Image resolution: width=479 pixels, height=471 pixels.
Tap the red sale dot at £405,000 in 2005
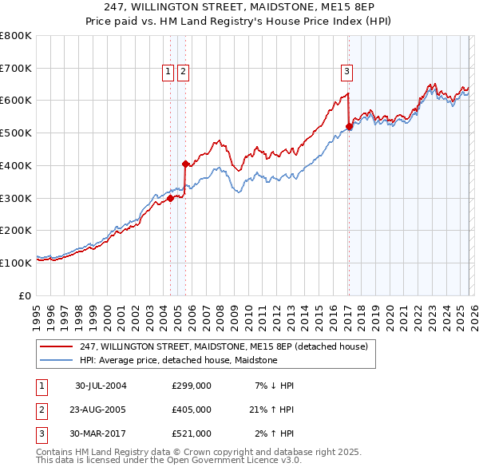(x=185, y=164)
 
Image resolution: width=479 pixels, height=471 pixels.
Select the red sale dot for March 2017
(x=349, y=126)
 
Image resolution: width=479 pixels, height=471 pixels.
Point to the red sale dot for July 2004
(x=170, y=199)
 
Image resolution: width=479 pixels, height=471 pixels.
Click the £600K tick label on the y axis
(x=16, y=101)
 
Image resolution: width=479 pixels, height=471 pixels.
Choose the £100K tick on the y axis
(x=16, y=263)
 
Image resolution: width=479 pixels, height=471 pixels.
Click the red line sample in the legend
(x=57, y=346)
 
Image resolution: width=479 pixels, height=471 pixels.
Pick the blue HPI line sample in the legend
(x=57, y=361)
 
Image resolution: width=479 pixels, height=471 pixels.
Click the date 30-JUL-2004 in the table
(x=101, y=386)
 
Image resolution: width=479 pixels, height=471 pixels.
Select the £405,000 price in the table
(x=191, y=410)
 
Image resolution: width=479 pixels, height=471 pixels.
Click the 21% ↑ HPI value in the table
(x=271, y=410)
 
